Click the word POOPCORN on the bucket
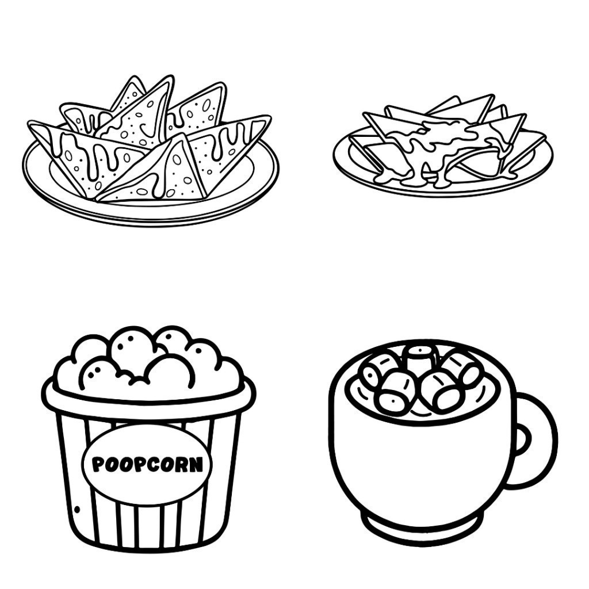click(x=147, y=464)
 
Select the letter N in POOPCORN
click(x=196, y=464)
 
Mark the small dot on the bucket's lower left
click(x=78, y=510)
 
